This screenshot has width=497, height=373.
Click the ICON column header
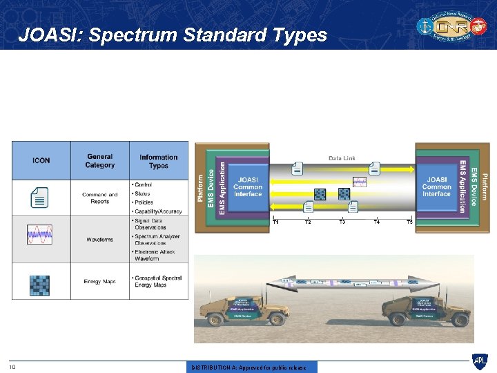pos(41,160)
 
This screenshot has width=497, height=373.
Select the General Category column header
pos(100,160)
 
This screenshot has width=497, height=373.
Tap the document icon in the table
pos(40,198)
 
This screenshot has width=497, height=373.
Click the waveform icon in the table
pos(39,235)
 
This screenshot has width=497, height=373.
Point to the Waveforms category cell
pos(100,240)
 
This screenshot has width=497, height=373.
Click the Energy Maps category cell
pos(100,282)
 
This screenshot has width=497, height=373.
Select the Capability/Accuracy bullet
pos(158,211)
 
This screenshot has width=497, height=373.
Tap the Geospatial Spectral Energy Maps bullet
pos(158,281)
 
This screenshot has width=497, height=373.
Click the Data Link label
pos(342,158)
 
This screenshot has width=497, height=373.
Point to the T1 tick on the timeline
pos(276,222)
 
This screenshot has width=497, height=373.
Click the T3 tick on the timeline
pos(342,222)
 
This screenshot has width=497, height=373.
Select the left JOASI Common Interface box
pos(248,186)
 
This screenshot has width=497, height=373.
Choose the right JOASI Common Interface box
pos(436,186)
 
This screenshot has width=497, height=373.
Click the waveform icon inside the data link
pos(360,182)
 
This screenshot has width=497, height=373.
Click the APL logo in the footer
pos(479,361)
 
